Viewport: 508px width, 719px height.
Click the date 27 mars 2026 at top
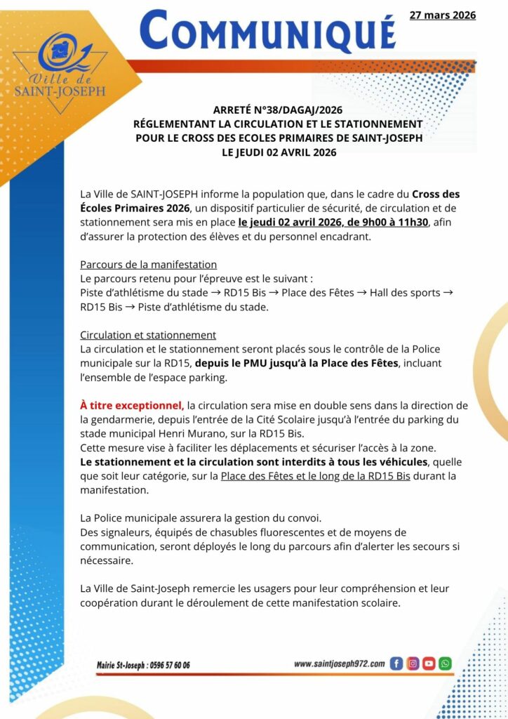[443, 15]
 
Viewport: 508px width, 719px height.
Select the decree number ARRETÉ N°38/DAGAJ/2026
[278, 110]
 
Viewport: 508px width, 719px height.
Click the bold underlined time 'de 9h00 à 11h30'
[387, 223]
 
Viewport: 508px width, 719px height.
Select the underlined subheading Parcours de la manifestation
[148, 265]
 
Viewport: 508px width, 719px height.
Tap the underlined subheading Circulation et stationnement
[148, 335]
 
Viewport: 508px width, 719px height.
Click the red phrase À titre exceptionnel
[132, 405]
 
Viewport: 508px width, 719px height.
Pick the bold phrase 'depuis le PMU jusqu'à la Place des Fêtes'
[296, 363]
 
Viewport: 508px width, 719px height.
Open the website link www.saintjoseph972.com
[339, 664]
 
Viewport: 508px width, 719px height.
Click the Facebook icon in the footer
[396, 664]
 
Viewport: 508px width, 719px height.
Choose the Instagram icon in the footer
[413, 664]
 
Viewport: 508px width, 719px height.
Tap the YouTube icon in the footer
[429, 664]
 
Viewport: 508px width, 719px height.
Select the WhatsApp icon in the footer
[445, 664]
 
